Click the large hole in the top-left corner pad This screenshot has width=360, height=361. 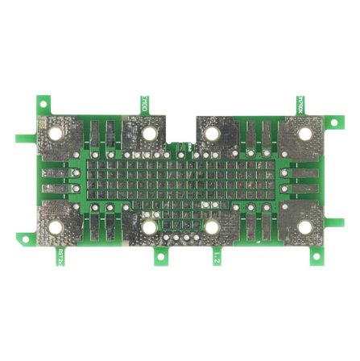pyautogui.click(x=56, y=132)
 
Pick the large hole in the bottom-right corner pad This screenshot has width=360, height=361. pyautogui.click(x=305, y=227)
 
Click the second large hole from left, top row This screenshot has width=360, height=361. pyautogui.click(x=150, y=132)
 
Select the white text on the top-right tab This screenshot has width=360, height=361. pyautogui.click(x=300, y=105)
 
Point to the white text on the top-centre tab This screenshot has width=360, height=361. pyautogui.click(x=144, y=104)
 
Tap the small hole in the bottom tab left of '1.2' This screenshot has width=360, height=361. pyautogui.click(x=162, y=258)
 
